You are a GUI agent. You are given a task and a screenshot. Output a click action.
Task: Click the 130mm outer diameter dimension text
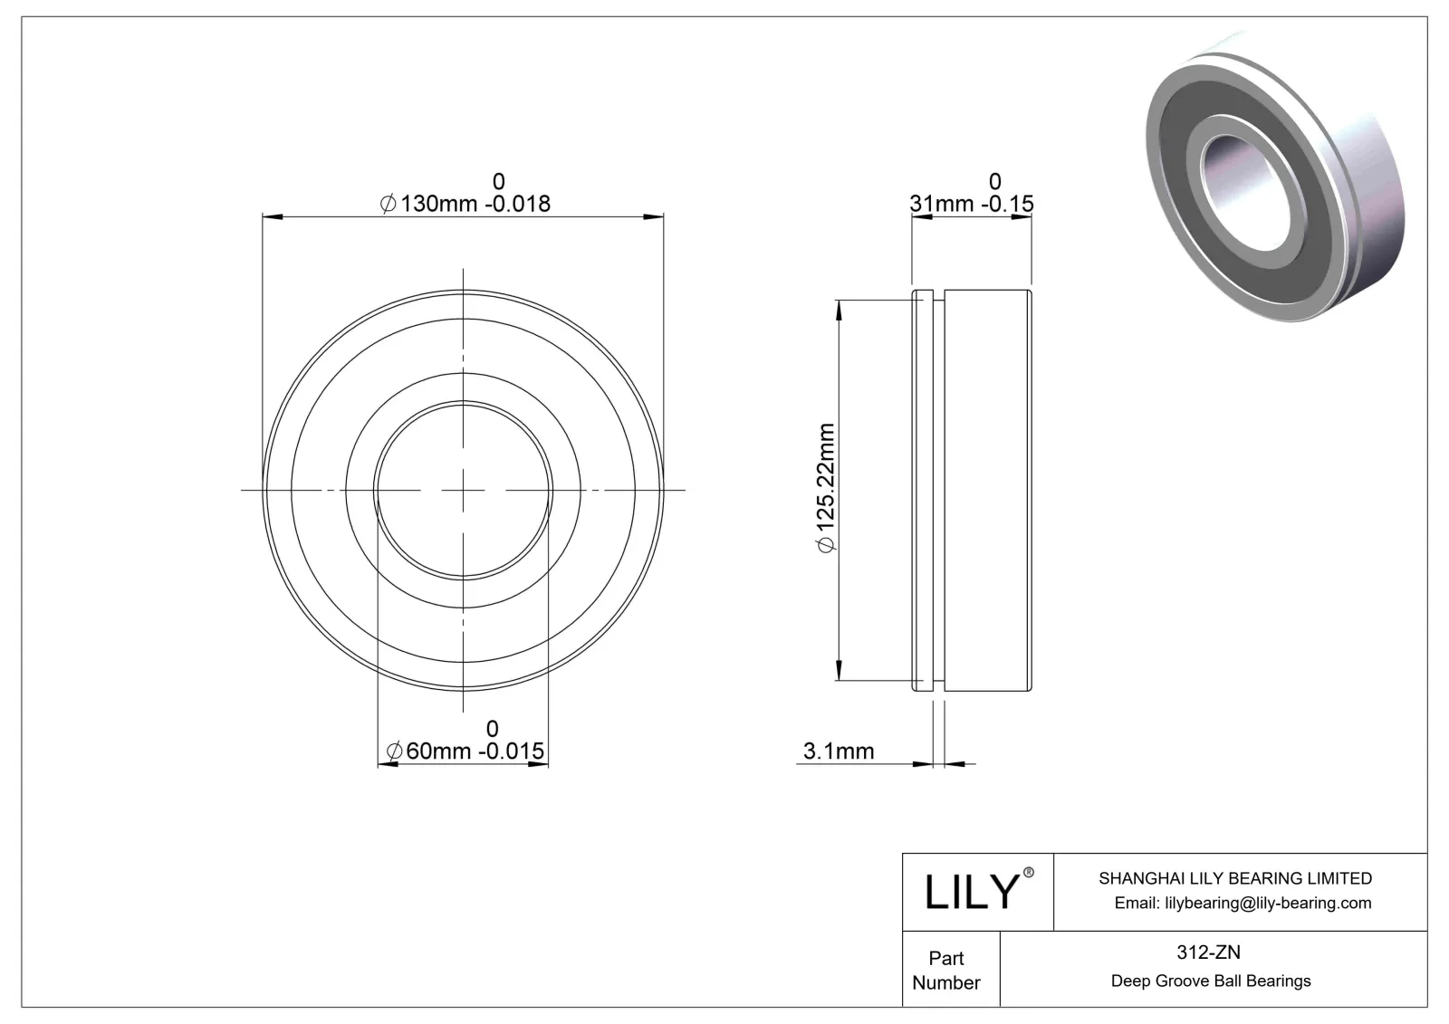point(465,204)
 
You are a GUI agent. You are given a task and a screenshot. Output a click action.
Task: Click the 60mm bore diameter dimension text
point(465,751)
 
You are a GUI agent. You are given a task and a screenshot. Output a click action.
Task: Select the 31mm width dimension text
point(971,204)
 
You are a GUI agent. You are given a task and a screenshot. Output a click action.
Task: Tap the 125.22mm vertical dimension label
point(826,486)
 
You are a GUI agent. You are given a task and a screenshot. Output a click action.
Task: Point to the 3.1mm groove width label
point(839,751)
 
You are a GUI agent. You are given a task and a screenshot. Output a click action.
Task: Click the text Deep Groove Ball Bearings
point(1211,981)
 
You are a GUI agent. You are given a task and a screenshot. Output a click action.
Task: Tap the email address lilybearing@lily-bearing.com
point(1242,903)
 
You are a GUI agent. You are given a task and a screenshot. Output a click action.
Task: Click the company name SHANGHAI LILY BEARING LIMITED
point(1234,878)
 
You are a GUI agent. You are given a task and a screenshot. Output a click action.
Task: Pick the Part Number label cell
point(946,970)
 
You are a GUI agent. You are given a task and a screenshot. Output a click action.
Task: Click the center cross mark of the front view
point(463,490)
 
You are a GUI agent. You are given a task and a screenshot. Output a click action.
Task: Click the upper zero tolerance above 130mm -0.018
point(498,182)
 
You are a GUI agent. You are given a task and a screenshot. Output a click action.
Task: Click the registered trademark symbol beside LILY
point(1028,873)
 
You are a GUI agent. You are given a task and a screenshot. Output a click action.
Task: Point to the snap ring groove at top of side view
point(939,294)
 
